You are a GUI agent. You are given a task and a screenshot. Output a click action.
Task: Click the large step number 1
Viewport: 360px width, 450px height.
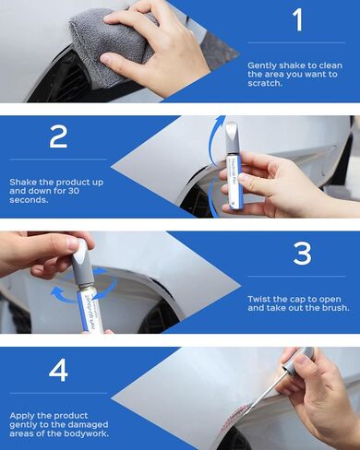click(x=297, y=21)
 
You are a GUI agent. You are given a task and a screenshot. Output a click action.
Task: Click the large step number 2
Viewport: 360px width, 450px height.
click(x=58, y=136)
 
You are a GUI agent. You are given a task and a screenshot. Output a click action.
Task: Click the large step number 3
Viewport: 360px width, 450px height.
click(x=301, y=252)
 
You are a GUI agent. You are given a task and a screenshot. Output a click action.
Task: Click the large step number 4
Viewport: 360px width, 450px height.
click(x=58, y=370)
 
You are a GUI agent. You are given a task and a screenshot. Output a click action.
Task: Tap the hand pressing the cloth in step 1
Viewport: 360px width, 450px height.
click(x=148, y=41)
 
